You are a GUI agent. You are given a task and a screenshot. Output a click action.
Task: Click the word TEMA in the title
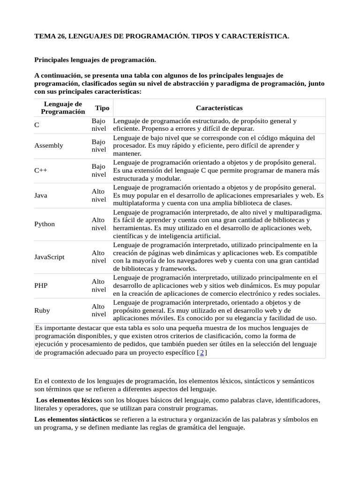point(45,36)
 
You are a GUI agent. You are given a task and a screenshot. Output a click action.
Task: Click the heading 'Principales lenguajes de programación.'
point(95,60)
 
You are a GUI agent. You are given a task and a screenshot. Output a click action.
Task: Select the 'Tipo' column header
point(102,108)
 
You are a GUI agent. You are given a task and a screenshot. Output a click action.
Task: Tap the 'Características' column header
point(219,108)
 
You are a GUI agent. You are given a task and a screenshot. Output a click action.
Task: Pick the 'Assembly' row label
point(49,145)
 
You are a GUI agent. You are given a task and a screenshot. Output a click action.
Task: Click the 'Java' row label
point(41,195)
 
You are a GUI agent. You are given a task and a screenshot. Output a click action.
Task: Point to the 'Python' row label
point(45,224)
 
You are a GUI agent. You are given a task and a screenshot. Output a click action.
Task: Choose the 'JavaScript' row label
point(50,257)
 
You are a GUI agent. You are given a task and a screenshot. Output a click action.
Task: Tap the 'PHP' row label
point(41,285)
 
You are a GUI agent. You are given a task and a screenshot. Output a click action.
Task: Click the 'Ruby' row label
point(42,310)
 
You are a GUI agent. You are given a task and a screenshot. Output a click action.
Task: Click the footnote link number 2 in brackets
point(202,352)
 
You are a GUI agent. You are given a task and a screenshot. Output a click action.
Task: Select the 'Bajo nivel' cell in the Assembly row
point(98,145)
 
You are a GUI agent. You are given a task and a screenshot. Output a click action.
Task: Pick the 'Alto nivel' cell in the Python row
point(98,224)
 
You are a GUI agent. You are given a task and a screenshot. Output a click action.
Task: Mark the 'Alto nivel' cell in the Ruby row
point(98,310)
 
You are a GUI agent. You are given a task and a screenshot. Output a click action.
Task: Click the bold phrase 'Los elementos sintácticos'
point(73,419)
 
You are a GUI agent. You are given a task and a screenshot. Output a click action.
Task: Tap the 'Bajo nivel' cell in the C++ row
point(98,171)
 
